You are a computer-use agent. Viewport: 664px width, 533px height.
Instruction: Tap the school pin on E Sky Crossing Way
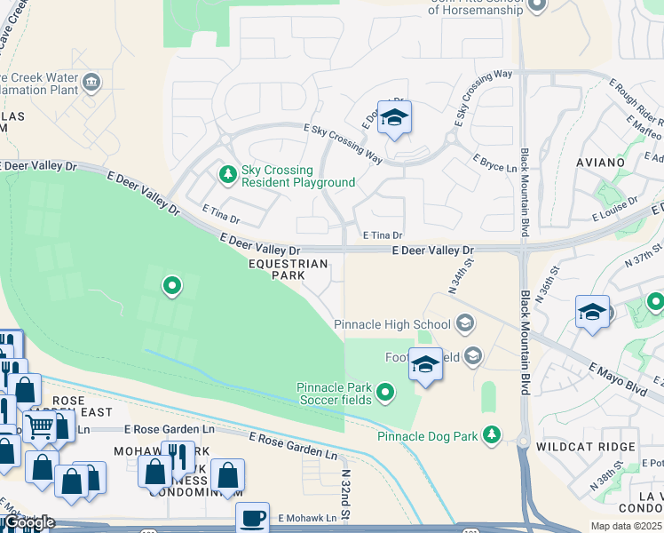tap(394, 118)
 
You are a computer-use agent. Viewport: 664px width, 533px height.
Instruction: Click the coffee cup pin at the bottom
tap(252, 517)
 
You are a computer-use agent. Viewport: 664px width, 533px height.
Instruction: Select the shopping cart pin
tap(38, 427)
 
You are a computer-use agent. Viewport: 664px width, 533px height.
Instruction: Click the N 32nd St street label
tap(346, 495)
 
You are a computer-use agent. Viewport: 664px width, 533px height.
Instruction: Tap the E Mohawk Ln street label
tap(307, 518)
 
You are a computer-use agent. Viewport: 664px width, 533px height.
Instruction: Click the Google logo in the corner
tap(28, 522)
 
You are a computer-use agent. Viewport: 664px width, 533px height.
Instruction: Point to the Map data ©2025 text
tap(626, 526)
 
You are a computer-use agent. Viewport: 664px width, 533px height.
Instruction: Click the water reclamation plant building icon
tap(91, 84)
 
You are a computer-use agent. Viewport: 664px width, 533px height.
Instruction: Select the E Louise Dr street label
tap(615, 216)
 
